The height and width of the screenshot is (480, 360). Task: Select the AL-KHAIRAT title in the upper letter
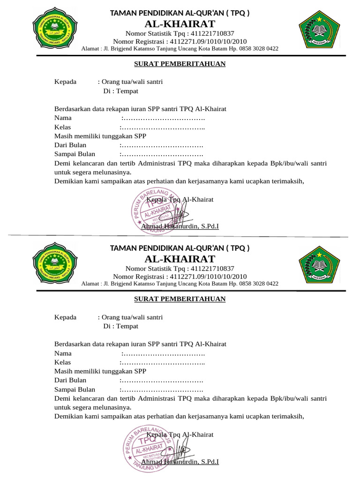(180, 24)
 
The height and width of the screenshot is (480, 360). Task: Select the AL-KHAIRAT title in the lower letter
(180, 259)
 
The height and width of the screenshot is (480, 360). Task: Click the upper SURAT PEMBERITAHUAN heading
(180, 64)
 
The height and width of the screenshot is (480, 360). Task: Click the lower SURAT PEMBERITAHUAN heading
(180, 299)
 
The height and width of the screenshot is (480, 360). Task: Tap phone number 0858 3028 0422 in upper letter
(260, 48)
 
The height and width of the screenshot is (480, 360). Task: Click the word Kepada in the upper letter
(65, 82)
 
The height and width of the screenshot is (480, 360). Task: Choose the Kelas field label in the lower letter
(62, 362)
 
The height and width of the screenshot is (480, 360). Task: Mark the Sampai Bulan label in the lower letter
(75, 390)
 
